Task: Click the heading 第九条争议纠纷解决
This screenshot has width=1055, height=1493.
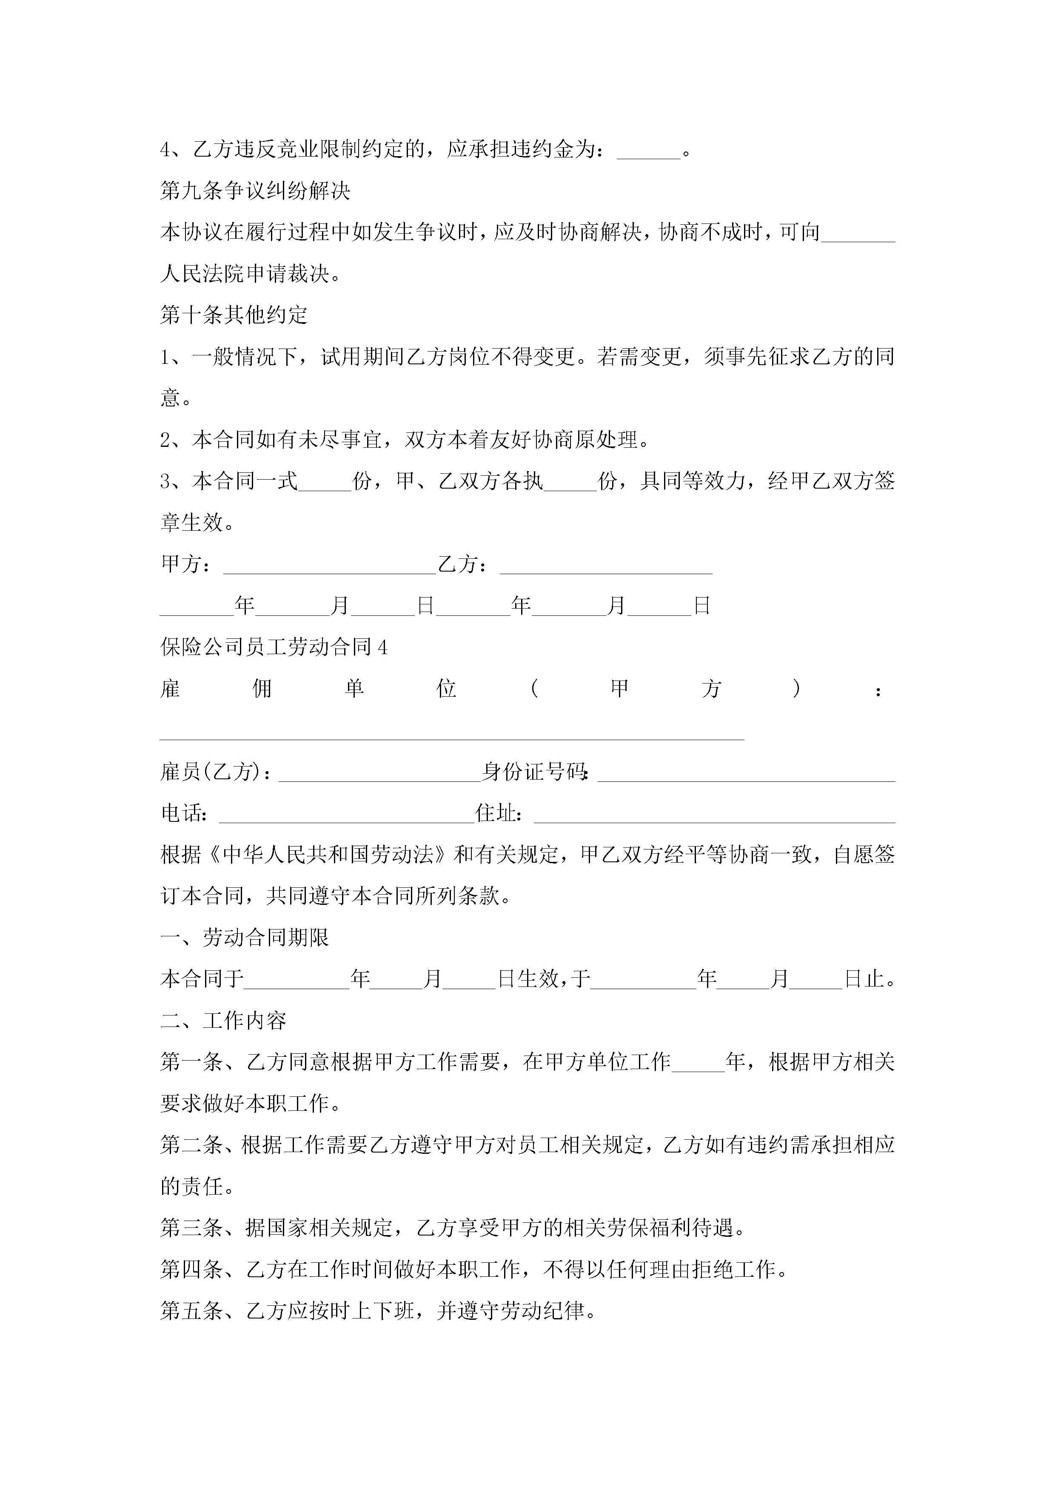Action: pos(256,191)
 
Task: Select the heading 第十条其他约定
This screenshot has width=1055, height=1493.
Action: pos(234,315)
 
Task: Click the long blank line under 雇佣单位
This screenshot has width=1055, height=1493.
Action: pos(452,737)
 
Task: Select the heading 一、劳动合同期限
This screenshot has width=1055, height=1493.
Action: pos(245,938)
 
